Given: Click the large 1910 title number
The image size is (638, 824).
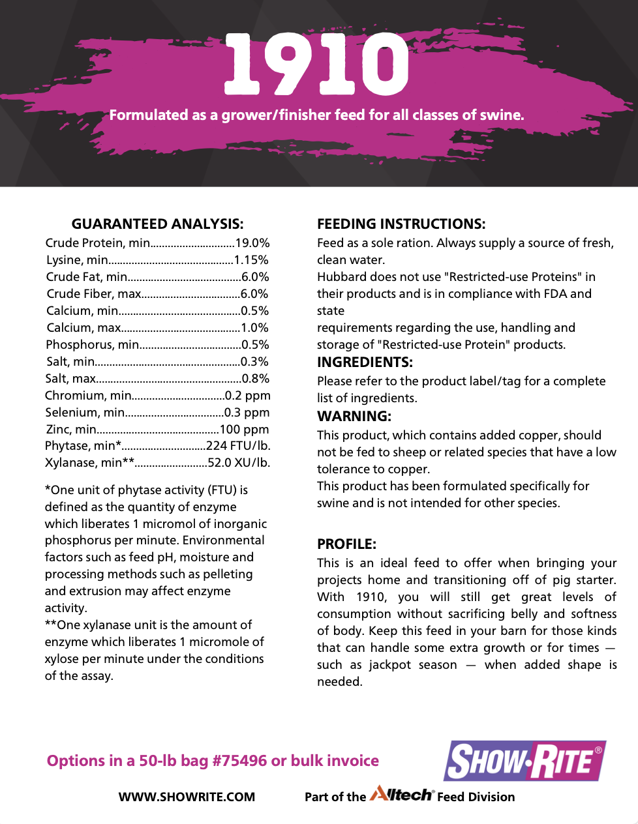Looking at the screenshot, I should (316, 64).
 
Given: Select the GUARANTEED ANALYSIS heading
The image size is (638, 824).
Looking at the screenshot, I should (157, 224).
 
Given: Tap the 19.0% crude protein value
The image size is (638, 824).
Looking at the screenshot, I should (252, 243).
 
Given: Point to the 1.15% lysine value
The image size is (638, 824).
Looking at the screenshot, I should (251, 260).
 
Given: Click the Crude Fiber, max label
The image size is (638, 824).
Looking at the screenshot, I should (93, 294).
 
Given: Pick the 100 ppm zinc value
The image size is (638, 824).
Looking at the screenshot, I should (244, 430).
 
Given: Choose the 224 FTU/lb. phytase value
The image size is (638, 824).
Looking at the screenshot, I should (238, 446).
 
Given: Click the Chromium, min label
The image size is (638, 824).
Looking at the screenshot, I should (88, 396).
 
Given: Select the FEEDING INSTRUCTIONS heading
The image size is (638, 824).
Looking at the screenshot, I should (401, 224).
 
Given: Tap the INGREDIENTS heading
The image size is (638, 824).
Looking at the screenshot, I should (365, 362).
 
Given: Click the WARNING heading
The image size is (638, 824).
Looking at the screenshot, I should (354, 417).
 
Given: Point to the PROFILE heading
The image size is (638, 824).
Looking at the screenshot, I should (346, 544).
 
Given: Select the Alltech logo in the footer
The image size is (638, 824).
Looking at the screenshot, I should (401, 795).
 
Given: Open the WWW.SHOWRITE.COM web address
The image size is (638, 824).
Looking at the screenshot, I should (187, 797).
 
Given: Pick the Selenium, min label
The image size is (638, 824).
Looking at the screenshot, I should (85, 413).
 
